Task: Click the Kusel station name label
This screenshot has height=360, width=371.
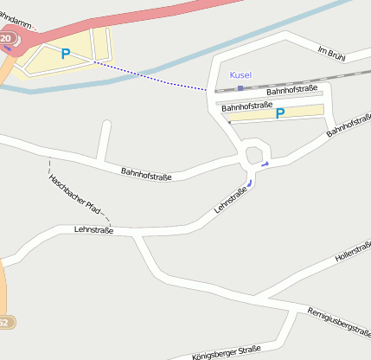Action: tap(240, 75)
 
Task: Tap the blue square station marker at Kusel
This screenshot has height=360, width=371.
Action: tap(240, 87)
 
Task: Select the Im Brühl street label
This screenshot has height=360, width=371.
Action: tap(331, 55)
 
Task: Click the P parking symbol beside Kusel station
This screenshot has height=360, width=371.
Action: tap(279, 113)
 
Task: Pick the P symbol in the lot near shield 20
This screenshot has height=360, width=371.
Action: tap(65, 54)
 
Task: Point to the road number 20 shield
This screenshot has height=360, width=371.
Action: tap(6, 39)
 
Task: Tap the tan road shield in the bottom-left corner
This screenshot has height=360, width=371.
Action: tap(4, 322)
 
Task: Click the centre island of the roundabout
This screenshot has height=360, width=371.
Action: tap(254, 155)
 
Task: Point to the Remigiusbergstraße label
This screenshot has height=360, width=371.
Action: tap(339, 321)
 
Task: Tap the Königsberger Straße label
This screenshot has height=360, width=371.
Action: tap(227, 350)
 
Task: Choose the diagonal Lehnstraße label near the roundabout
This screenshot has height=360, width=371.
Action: tap(231, 199)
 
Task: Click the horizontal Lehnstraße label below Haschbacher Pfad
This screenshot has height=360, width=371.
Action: tap(94, 230)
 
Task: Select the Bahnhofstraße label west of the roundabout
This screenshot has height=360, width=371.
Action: tap(146, 175)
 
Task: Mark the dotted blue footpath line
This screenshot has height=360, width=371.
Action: tap(147, 75)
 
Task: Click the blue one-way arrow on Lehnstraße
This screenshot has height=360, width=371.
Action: tap(250, 183)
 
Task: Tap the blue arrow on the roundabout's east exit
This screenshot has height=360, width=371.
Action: tap(265, 163)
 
